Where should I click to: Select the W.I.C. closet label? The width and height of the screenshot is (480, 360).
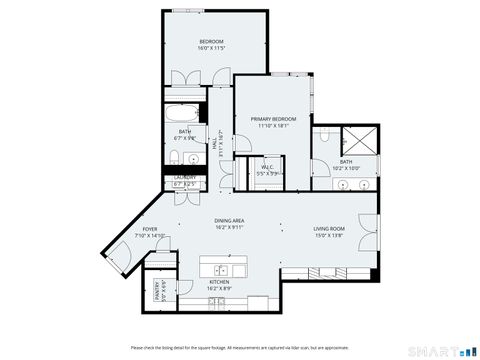click(268, 170)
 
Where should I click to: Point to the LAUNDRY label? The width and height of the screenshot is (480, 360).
click(185, 181)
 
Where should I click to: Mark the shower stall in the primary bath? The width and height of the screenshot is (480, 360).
click(360, 140)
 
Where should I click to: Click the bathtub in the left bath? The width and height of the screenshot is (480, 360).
click(185, 111)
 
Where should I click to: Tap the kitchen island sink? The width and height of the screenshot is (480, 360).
click(222, 270)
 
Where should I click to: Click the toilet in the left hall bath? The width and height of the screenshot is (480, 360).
click(171, 157)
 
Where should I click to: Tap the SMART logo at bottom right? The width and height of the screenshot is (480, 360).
click(440, 349)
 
